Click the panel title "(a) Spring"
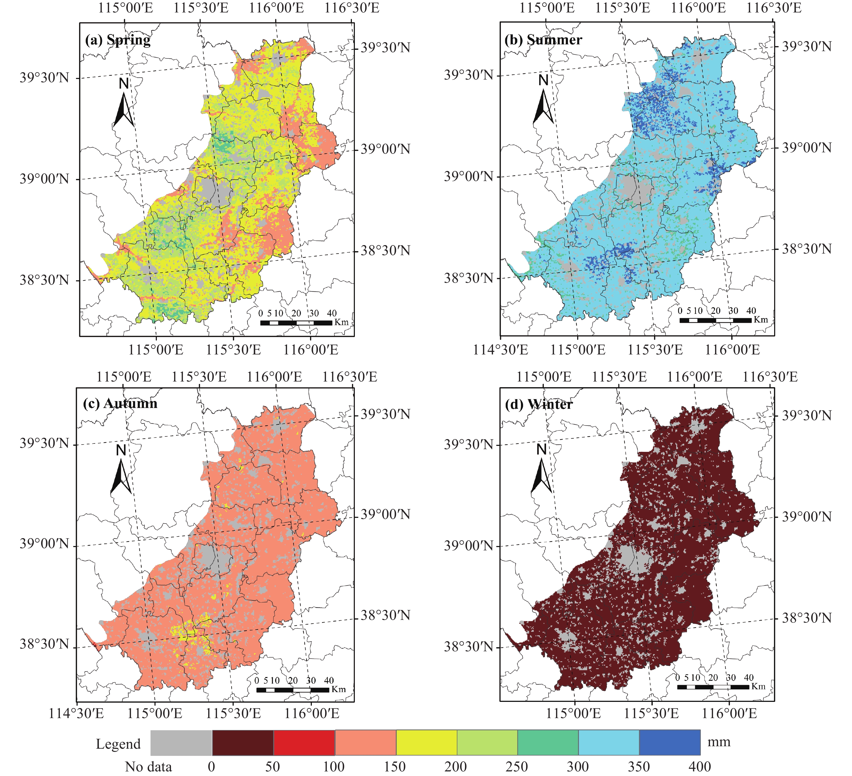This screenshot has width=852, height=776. [x=117, y=40]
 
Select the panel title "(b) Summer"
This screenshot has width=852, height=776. [x=543, y=40]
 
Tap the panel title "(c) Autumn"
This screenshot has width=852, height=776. [x=120, y=404]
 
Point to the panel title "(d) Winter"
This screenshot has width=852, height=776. [x=539, y=405]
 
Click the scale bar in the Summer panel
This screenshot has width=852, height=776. [x=715, y=320]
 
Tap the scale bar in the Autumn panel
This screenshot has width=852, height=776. [x=292, y=690]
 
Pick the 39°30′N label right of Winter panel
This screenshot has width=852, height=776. [x=806, y=416]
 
